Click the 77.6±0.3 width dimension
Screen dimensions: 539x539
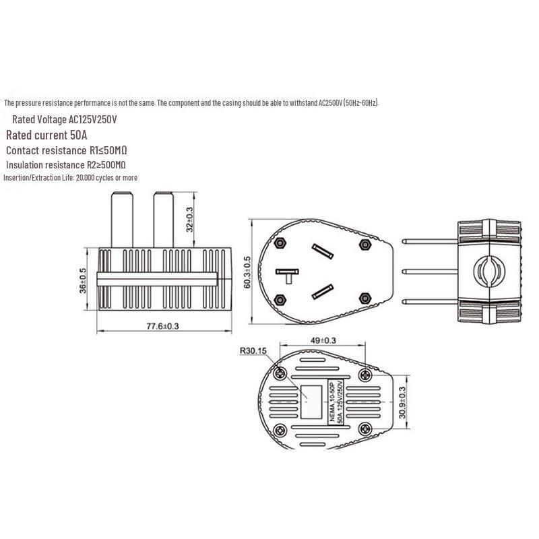pyautogui.click(x=162, y=326)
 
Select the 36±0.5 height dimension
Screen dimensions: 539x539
pyautogui.click(x=83, y=280)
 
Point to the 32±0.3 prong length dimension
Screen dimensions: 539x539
pyautogui.click(x=189, y=220)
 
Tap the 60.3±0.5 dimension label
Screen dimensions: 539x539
pyautogui.click(x=247, y=272)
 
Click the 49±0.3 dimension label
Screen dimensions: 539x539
pyautogui.click(x=323, y=341)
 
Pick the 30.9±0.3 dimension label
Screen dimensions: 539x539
pyautogui.click(x=402, y=403)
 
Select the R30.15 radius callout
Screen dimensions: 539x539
pyautogui.click(x=253, y=351)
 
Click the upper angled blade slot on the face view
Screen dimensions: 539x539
pyautogui.click(x=323, y=251)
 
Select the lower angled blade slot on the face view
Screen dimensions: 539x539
pyautogui.click(x=323, y=292)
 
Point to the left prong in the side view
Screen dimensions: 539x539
pyautogui.click(x=122, y=220)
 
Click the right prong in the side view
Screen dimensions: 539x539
pyautogui.click(x=163, y=220)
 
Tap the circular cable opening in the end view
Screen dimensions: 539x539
pyautogui.click(x=489, y=271)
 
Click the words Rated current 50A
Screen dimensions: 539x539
pyautogui.click(x=46, y=135)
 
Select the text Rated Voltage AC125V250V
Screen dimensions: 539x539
pyautogui.click(x=64, y=119)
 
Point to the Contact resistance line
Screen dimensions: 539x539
pyautogui.click(x=66, y=150)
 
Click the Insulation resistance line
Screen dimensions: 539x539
pyautogui.click(x=65, y=165)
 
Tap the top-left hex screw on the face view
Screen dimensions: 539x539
pyautogui.click(x=280, y=243)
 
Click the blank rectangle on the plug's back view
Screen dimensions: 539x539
pyautogui.click(x=311, y=402)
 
